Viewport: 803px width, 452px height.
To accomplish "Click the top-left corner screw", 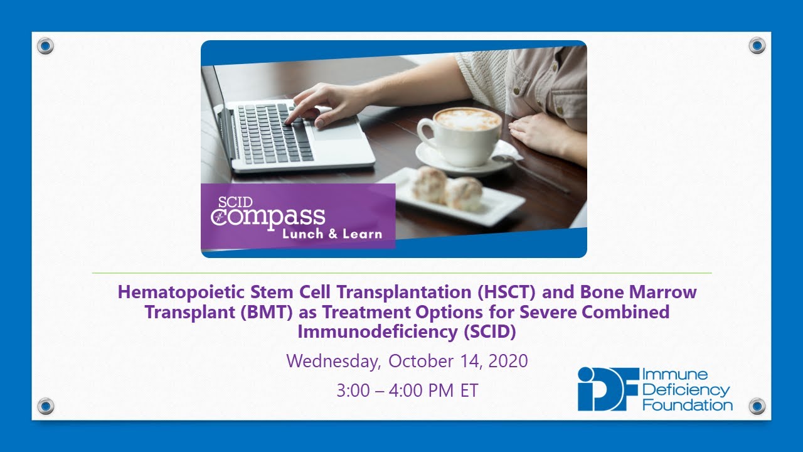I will tap(46, 46).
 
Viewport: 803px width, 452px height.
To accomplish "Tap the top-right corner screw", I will tap(757, 46).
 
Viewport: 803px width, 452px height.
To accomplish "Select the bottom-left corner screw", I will tap(46, 406).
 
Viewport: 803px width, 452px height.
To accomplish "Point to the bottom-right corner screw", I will tap(757, 406).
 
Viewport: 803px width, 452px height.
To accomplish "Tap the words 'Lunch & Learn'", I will tap(332, 234).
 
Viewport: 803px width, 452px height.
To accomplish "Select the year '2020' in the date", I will tap(506, 362).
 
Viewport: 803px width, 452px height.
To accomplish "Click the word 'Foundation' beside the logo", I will tap(688, 405).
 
